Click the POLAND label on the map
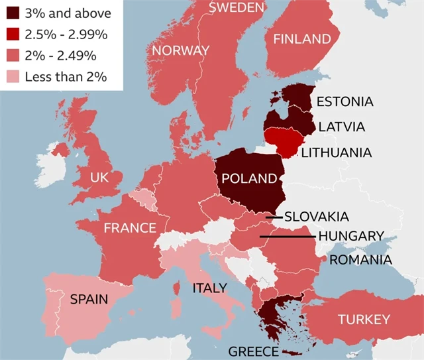[x=249, y=178]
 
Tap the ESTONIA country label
[x=344, y=101]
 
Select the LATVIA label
[x=341, y=126]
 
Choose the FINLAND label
[x=302, y=38]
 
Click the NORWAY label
[x=180, y=50]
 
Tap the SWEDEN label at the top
[x=237, y=7]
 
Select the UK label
[x=99, y=178]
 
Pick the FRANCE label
[x=130, y=228]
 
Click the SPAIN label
[x=89, y=299]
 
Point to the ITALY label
[x=209, y=288]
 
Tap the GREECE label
[x=254, y=351]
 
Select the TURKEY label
[x=364, y=320]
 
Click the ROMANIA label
[x=360, y=259]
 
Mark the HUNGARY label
[x=350, y=236]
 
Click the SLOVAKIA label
[x=316, y=216]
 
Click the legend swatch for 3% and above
[x=13, y=13]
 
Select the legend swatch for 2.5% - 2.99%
[x=13, y=34]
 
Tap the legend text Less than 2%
[x=66, y=76]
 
